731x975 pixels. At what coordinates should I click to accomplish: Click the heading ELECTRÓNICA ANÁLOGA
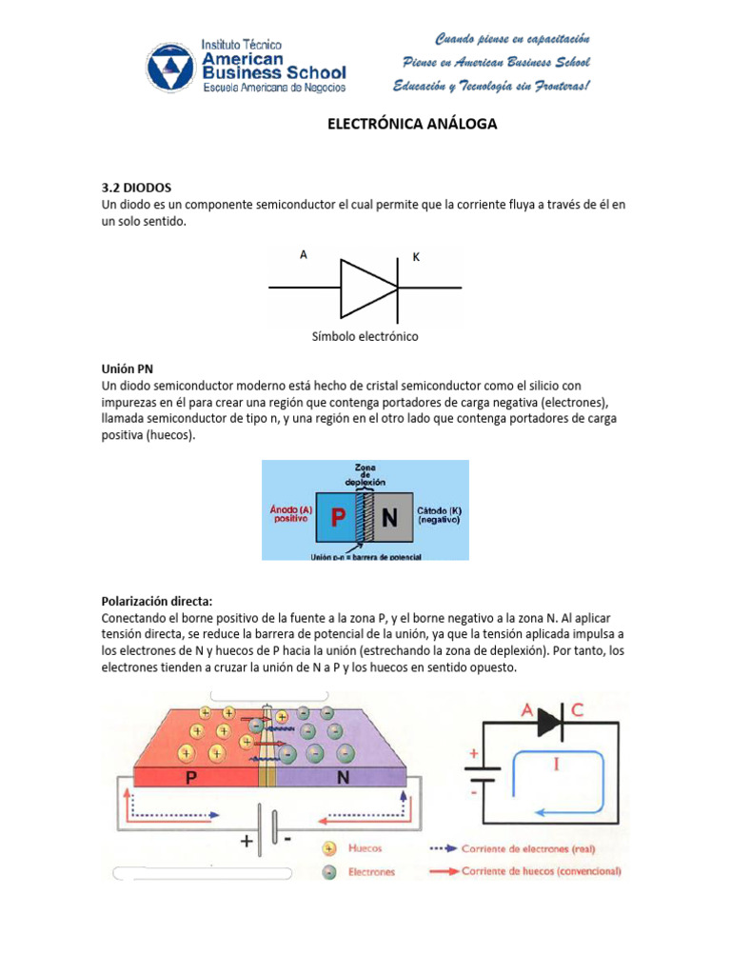(412, 124)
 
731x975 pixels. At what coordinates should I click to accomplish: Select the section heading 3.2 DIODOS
(136, 188)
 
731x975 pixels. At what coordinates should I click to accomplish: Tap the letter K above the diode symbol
(416, 257)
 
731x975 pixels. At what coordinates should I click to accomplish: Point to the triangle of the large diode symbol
(367, 287)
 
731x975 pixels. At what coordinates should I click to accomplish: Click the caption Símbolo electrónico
(365, 336)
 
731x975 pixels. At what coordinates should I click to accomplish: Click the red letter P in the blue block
(336, 518)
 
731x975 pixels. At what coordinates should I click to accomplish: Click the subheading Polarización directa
(157, 601)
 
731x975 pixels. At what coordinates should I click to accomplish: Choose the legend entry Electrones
(372, 870)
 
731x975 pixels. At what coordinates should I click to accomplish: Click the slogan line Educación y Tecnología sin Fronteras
(492, 87)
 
